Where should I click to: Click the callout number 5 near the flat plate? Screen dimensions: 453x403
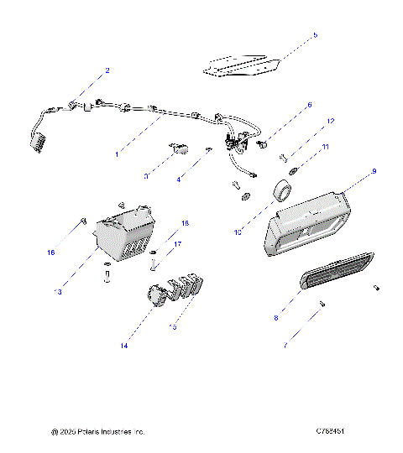[x=315, y=35]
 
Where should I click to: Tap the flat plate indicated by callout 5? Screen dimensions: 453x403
[x=240, y=65]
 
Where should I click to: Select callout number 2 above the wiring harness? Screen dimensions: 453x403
[x=107, y=70]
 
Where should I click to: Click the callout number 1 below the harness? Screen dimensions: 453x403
[x=117, y=155]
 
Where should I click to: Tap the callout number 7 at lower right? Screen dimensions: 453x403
[x=309, y=345]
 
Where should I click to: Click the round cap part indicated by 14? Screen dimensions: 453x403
[x=155, y=296]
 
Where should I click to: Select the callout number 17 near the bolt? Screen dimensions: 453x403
[x=176, y=245]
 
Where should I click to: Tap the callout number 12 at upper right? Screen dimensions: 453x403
[x=330, y=122]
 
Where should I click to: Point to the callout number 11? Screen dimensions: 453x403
[x=327, y=147]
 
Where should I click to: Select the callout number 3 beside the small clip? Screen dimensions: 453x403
[x=146, y=176]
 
